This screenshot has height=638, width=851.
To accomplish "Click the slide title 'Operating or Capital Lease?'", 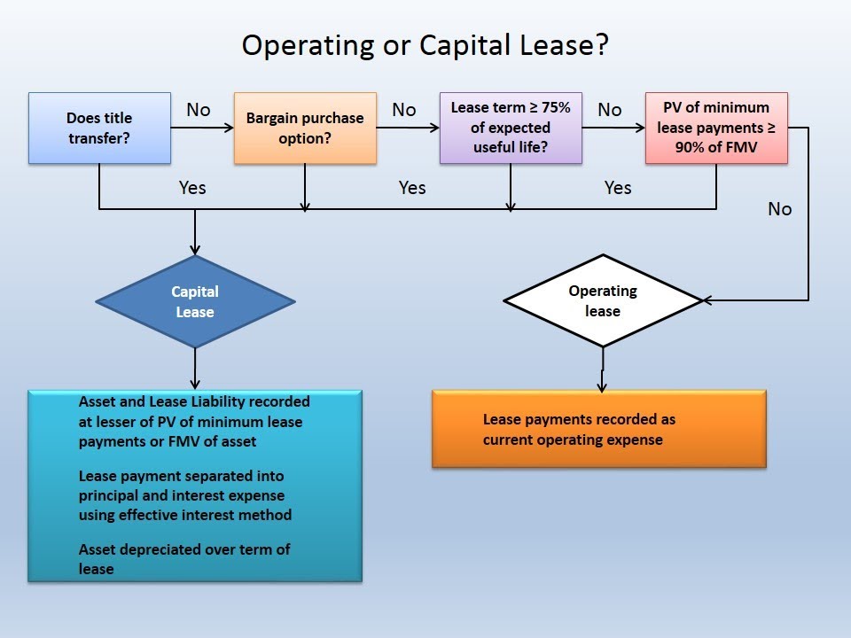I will coord(425,45).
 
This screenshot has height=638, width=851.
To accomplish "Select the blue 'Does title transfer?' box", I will coord(99,128).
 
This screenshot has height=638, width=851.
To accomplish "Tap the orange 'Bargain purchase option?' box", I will coord(305,128).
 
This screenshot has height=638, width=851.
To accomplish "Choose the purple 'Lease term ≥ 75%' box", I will coord(511,128).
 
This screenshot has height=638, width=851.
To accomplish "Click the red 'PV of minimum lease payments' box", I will coord(716,128).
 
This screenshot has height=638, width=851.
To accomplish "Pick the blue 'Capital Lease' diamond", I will coord(195,301).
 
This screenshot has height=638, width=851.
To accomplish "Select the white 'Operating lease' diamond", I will coord(603,301).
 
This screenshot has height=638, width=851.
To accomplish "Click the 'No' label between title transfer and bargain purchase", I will coord(199,110).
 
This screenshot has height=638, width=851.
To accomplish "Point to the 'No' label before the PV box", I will coord(610,110).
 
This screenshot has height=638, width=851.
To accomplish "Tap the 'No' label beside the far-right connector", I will coord(780,209).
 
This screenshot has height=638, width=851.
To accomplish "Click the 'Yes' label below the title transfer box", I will coord(192,188).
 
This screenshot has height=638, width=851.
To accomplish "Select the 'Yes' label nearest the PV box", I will coord(618,188).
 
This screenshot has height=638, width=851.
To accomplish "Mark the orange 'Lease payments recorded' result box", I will coord(599,429).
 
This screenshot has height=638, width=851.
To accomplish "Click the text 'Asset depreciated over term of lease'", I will coord(184,558).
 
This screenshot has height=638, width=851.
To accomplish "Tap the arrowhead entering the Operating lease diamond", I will coord(707,301).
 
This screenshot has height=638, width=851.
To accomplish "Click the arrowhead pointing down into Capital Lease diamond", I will coord(195,250).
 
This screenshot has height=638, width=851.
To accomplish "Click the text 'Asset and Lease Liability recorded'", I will coord(194,401).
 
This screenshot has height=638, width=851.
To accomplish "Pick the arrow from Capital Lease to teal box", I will coord(195,368).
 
